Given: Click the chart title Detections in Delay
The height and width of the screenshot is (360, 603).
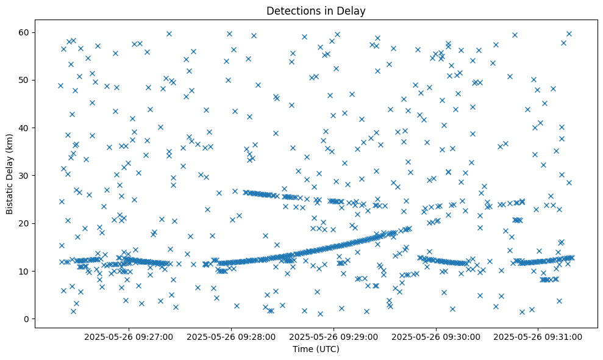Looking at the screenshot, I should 316,10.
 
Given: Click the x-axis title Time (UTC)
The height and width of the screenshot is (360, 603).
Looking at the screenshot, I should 316,349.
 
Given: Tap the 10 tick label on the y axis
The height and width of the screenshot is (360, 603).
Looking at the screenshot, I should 26,271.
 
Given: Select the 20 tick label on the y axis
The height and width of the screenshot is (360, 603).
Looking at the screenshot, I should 26,223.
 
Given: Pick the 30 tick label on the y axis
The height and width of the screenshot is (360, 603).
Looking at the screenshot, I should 26,176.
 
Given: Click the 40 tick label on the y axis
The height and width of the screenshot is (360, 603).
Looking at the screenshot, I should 26,128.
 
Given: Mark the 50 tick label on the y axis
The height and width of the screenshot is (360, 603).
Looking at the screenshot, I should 26,80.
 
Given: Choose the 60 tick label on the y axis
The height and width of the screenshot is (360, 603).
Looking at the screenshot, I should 26,32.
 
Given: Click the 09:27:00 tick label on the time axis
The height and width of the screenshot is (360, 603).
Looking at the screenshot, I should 129,336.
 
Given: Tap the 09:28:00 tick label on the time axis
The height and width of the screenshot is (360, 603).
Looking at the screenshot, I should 232,336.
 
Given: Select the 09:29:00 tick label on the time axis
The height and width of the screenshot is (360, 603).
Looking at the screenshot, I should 334,336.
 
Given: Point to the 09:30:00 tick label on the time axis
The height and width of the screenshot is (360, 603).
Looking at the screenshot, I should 437,336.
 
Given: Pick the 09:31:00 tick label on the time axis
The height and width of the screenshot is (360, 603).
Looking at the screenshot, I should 539,336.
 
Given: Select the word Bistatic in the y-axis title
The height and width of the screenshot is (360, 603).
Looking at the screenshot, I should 10,197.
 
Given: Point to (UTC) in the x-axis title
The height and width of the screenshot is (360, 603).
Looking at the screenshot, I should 327,349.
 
